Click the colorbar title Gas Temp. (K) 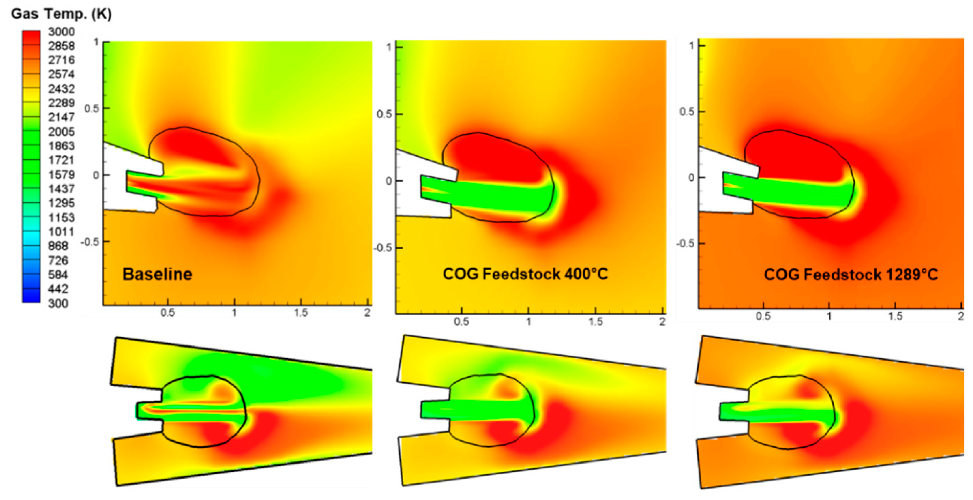pyautogui.click(x=61, y=14)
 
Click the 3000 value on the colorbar pyautogui.click(x=61, y=32)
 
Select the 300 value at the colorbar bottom pyautogui.click(x=58, y=303)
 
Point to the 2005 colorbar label pyautogui.click(x=61, y=132)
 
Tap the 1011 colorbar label pyautogui.click(x=61, y=232)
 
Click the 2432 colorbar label pyautogui.click(x=61, y=89)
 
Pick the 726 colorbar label pyautogui.click(x=58, y=260)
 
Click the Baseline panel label pyautogui.click(x=157, y=274)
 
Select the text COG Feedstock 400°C pyautogui.click(x=525, y=274)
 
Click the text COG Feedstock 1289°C pyautogui.click(x=851, y=274)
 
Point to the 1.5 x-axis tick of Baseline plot pyautogui.click(x=301, y=312)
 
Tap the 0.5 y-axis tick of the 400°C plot pyautogui.click(x=384, y=114)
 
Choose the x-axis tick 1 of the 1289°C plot pyautogui.click(x=829, y=316)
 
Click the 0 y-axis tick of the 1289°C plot pyautogui.click(x=691, y=177)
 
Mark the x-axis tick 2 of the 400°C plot pyautogui.click(x=662, y=322)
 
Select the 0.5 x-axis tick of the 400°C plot pyautogui.click(x=461, y=322)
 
